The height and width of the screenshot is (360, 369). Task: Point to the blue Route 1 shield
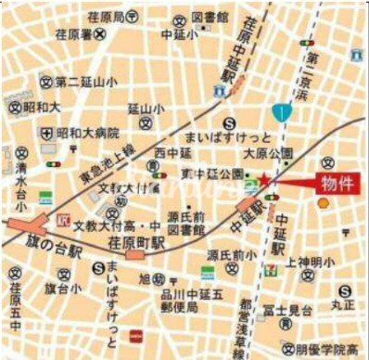click(281, 112)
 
